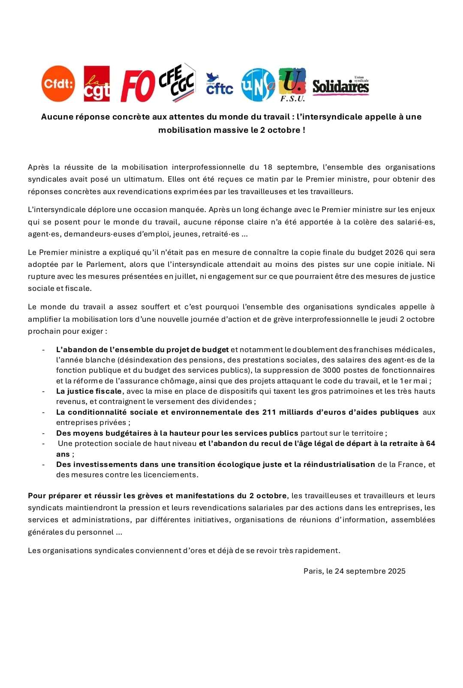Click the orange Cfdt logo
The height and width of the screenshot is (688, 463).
point(58,84)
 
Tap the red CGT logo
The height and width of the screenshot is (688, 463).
point(96,84)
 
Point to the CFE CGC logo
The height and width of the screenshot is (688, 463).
point(177,82)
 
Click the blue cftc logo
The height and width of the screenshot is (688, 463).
point(219,84)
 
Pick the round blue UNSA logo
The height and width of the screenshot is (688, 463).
point(258,85)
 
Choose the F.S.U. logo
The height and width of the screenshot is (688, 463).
point(292,84)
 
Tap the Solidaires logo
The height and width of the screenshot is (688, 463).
point(340,86)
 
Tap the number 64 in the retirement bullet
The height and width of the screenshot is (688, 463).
point(430,443)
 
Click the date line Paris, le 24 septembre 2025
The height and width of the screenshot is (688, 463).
point(354,571)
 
